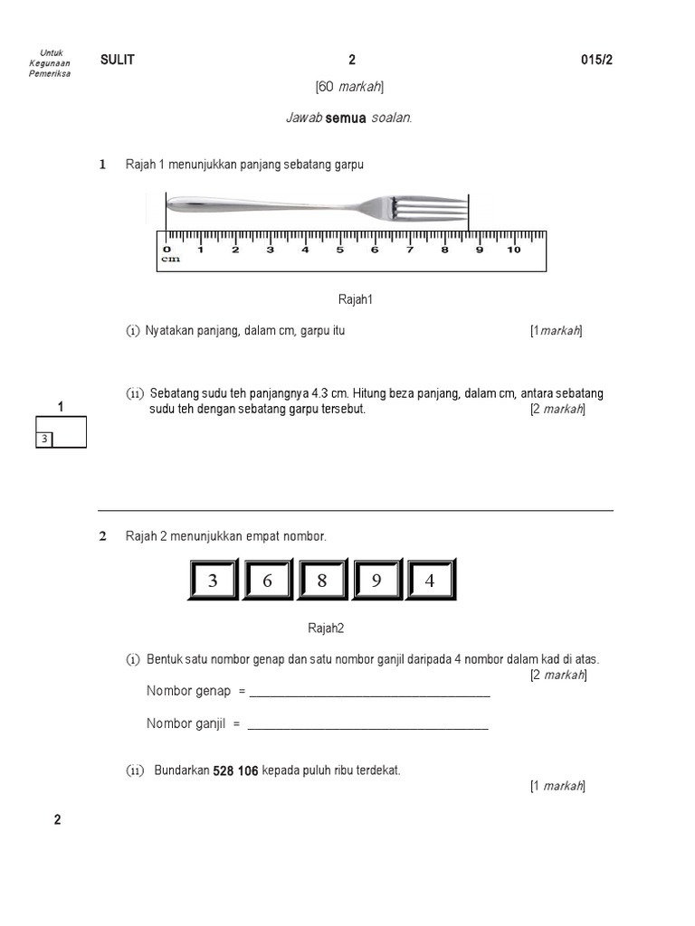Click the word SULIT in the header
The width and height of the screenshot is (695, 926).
click(118, 61)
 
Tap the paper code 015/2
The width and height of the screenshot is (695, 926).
click(597, 61)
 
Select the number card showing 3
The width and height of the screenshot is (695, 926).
click(214, 581)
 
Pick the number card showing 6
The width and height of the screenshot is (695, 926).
click(268, 581)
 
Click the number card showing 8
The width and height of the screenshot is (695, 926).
click(322, 581)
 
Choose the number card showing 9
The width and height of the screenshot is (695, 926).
click(376, 581)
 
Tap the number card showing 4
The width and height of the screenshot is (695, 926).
click(431, 581)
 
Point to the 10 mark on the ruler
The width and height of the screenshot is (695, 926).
click(513, 250)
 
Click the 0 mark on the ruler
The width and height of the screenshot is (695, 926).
click(167, 250)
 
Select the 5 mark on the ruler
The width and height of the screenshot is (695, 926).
click(339, 250)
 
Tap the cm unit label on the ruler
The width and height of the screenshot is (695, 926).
click(170, 260)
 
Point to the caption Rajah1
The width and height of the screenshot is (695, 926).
click(356, 299)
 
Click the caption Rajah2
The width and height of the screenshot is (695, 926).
click(326, 628)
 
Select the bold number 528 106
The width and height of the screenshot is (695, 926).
click(235, 771)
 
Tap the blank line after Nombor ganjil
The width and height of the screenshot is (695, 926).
click(367, 725)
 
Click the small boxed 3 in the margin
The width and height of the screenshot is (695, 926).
click(43, 439)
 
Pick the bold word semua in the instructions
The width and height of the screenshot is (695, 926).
click(346, 118)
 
